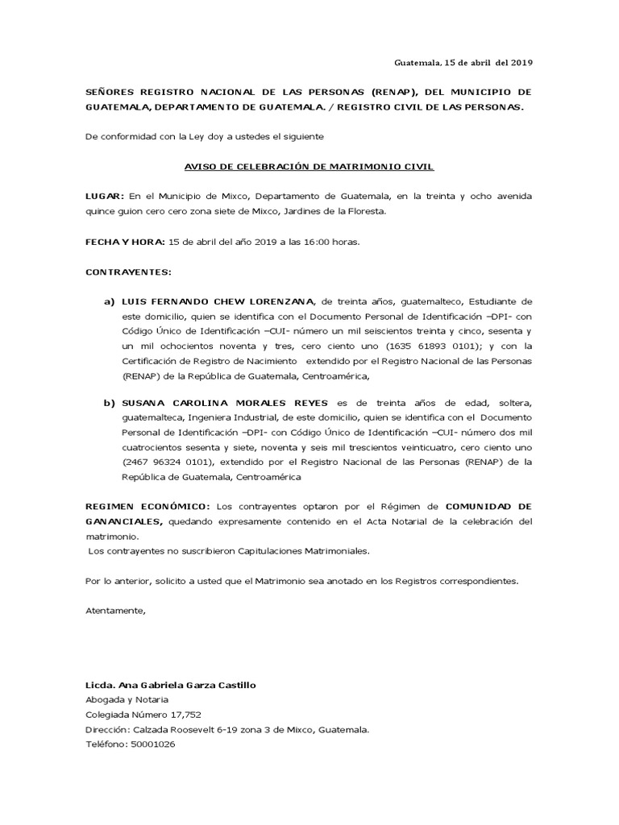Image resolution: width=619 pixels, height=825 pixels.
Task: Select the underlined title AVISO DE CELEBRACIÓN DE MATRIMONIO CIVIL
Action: pos(309,167)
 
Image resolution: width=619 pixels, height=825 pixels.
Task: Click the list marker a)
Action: pos(109,302)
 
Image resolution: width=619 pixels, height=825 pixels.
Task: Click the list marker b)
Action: pos(109,402)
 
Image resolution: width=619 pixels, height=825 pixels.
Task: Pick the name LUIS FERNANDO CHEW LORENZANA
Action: pos(218,302)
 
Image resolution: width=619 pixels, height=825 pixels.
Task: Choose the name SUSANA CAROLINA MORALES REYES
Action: pos(219,402)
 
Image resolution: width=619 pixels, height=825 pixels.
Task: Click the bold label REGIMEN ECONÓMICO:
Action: pos(148,507)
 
